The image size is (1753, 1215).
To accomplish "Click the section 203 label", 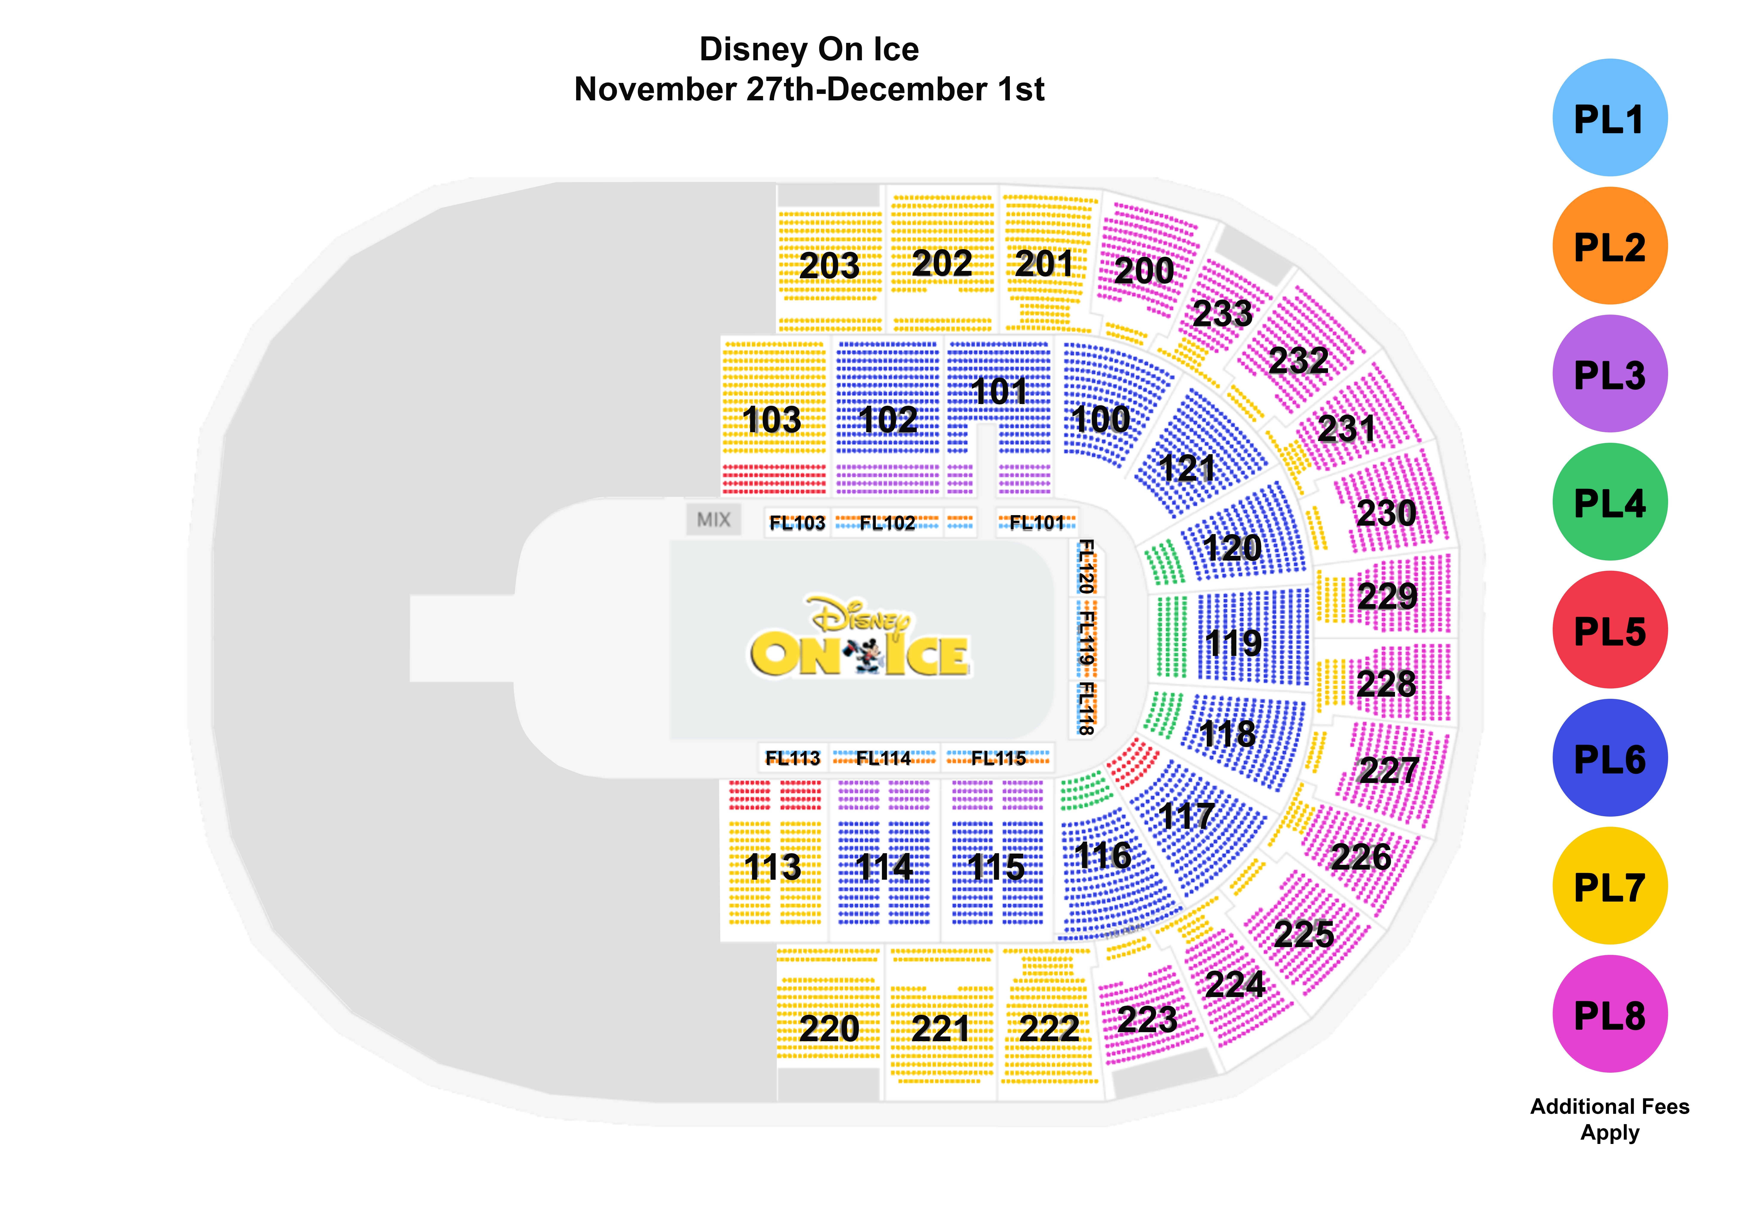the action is [x=829, y=266].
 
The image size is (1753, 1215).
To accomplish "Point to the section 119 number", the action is [x=1234, y=643].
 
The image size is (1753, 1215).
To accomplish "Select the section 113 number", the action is [x=772, y=867].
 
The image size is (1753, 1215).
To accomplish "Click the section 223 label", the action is [x=1147, y=1019].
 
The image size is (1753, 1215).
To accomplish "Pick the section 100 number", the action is [x=1100, y=419].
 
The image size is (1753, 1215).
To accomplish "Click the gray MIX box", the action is [x=713, y=519].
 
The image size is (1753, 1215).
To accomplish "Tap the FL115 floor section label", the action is [x=998, y=758].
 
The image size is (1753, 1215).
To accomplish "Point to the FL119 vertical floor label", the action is [x=1087, y=638].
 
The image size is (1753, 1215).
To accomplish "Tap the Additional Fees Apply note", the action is [x=1610, y=1119].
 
